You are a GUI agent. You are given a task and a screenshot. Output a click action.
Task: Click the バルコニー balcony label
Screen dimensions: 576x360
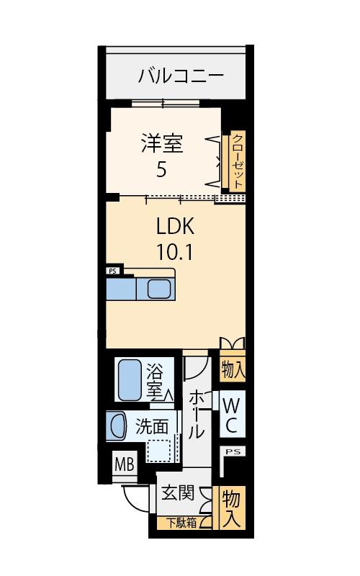[181, 75]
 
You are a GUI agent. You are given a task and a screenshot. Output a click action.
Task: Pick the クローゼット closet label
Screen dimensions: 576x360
[237, 161]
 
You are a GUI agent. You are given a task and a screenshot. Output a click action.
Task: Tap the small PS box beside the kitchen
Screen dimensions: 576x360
[112, 271]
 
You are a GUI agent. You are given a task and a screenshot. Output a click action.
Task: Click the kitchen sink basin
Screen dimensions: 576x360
[159, 289]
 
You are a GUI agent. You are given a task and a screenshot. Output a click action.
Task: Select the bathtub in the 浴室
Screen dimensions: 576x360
[130, 379]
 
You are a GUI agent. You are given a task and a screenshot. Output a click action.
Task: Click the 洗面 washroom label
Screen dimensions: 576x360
[152, 426]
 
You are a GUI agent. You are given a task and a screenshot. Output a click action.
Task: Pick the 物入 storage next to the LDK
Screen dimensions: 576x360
[233, 370]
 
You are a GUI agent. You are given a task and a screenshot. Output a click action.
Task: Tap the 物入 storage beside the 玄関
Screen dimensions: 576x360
[231, 508]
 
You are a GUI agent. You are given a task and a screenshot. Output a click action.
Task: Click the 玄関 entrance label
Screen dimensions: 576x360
[177, 493]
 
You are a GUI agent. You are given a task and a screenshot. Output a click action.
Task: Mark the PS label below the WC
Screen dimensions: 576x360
[232, 451]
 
